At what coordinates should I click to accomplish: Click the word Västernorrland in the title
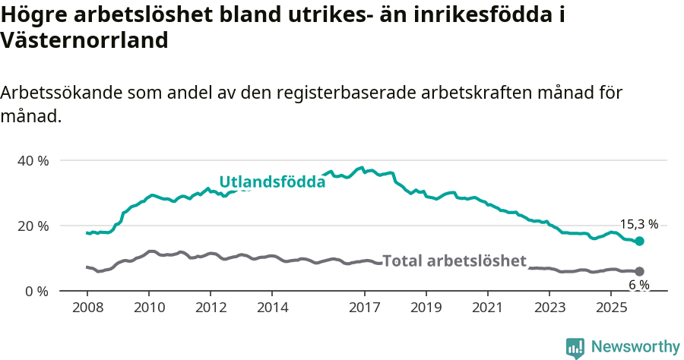point(84,40)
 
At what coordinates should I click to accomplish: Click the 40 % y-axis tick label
point(33,161)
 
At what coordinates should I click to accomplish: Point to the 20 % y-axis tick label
point(33,226)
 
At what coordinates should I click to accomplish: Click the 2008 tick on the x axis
point(87,308)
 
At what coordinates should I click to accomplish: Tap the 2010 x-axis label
point(148,308)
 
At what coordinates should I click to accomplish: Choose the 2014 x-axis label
point(272,308)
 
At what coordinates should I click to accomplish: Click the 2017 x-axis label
point(364,308)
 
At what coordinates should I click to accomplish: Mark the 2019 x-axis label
point(426,308)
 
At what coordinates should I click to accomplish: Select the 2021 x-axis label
point(487,308)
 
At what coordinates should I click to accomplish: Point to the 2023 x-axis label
point(549,308)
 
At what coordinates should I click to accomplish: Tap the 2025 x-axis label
point(611,308)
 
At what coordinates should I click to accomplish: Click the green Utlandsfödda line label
point(272,182)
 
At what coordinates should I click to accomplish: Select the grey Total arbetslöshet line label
point(454,261)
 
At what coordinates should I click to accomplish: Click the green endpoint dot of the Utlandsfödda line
point(639,241)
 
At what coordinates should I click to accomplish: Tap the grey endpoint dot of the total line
point(639,271)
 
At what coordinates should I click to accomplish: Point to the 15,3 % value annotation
point(638,224)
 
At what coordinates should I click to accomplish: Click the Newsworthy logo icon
point(575,347)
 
